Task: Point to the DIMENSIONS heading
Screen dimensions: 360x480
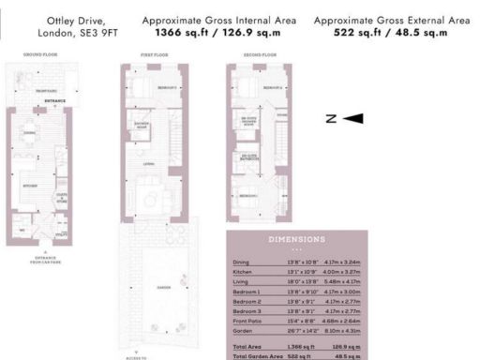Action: click(296, 240)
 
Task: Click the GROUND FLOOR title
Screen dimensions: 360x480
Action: click(42, 56)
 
